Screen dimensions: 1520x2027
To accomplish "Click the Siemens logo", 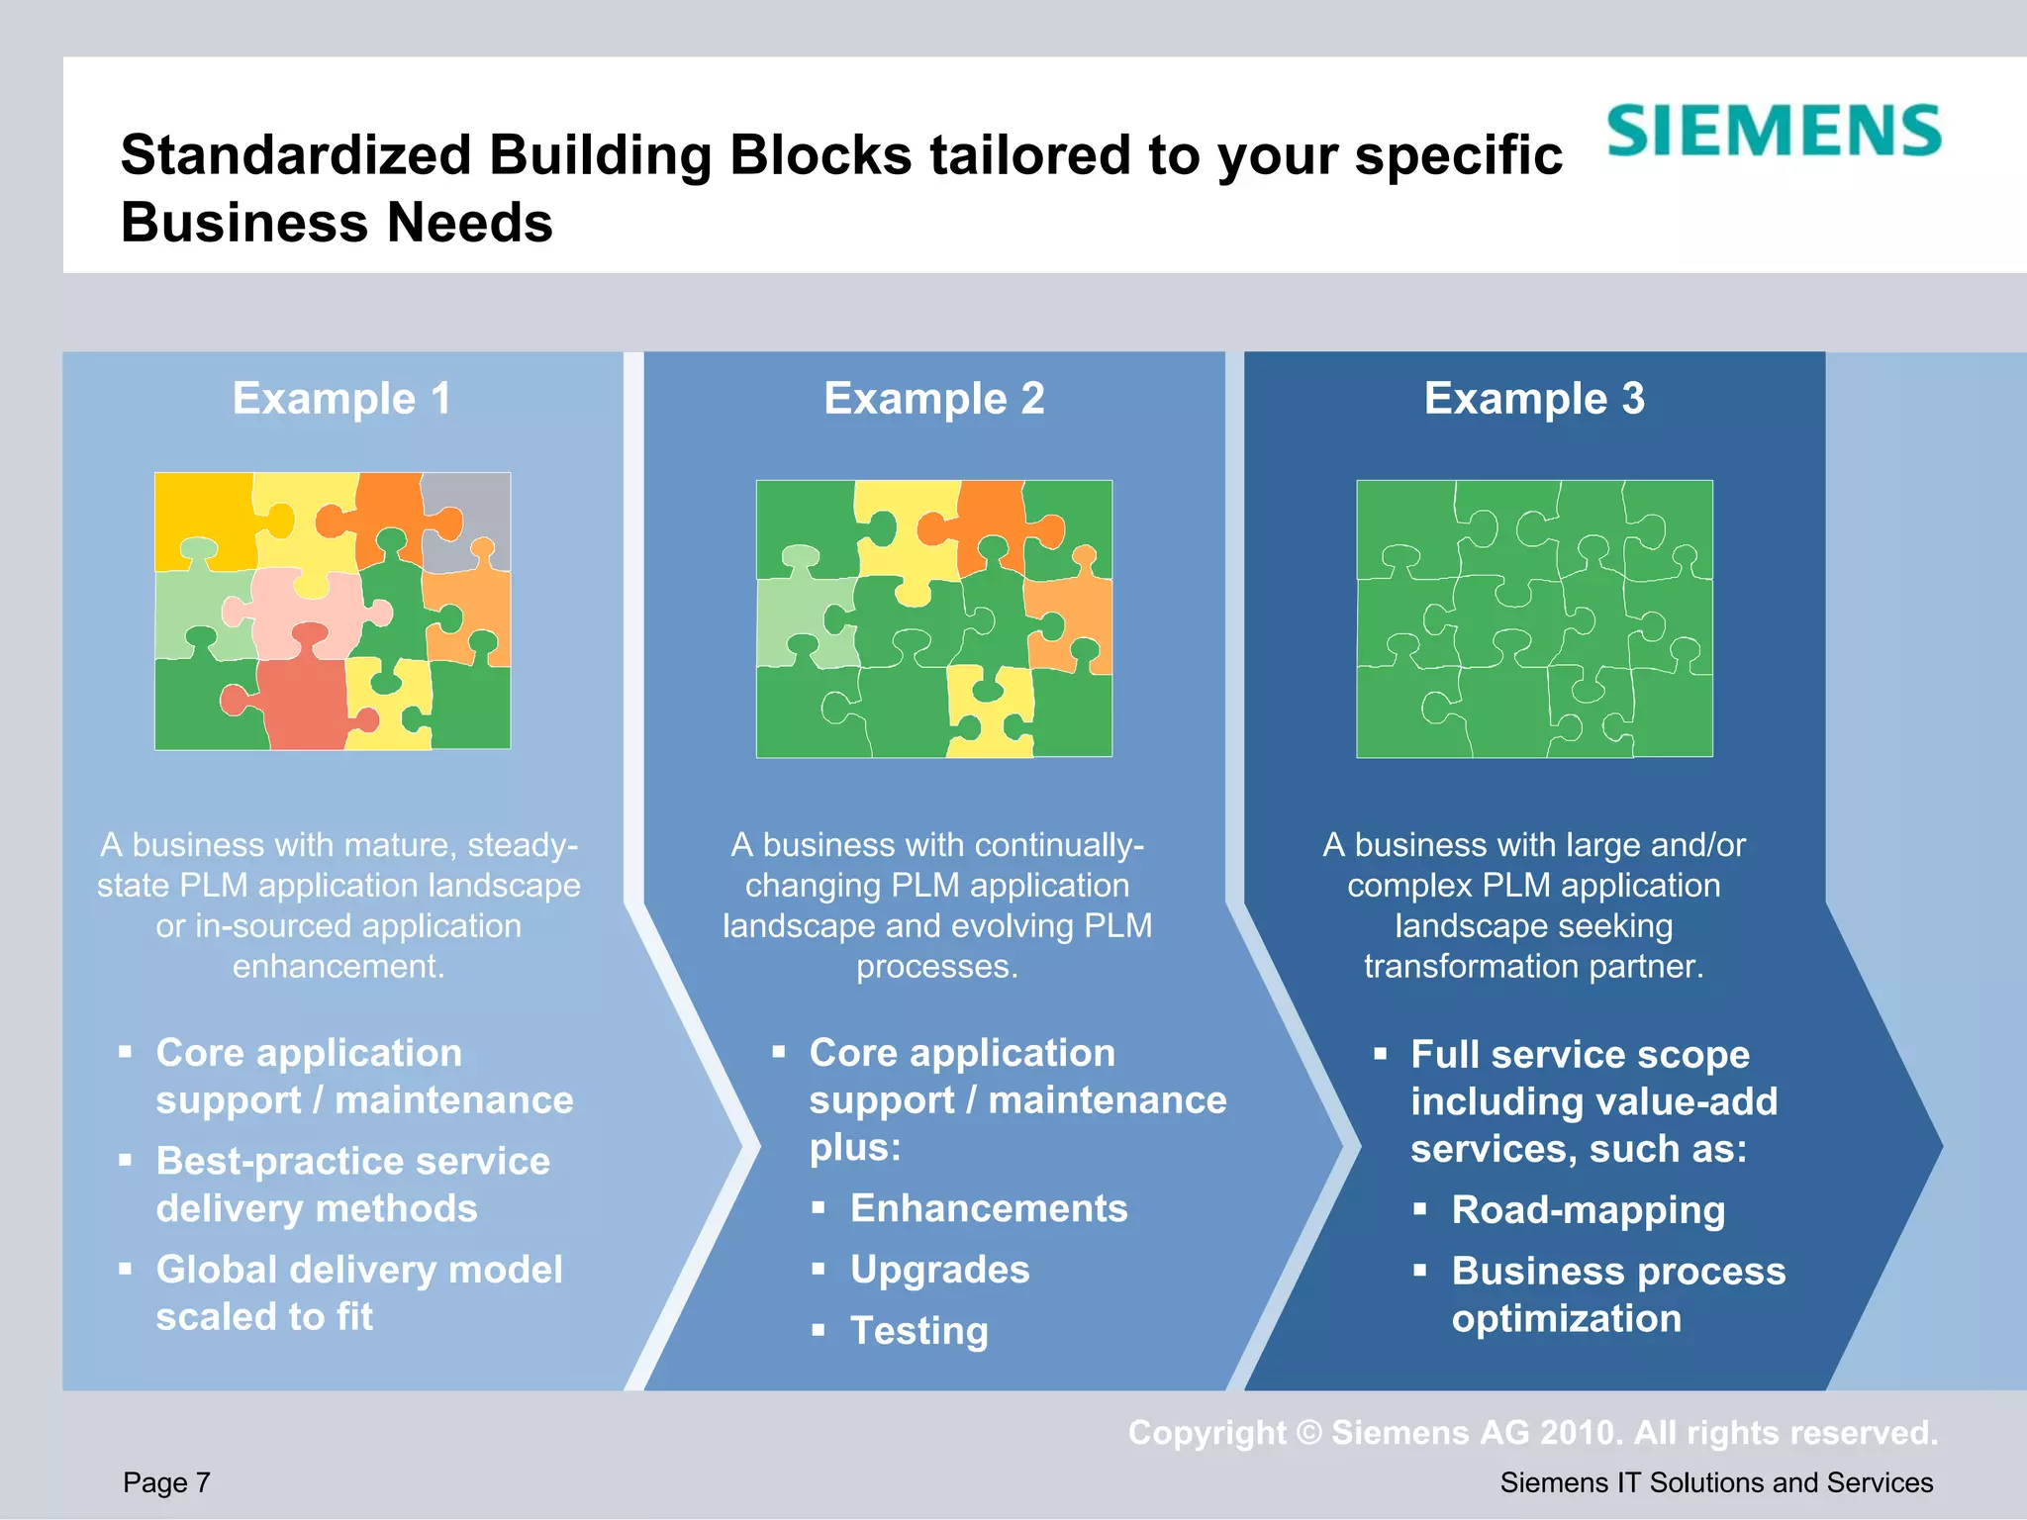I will (x=1774, y=131).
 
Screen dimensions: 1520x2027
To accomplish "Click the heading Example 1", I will (x=341, y=399).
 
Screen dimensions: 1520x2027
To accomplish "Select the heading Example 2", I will (x=933, y=399).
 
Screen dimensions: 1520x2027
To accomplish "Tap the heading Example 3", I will (x=1534, y=399).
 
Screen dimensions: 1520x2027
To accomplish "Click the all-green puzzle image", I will (x=1534, y=618).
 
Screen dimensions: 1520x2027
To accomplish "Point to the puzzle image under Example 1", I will (x=333, y=611).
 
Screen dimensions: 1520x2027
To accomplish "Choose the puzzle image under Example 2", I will (x=933, y=618).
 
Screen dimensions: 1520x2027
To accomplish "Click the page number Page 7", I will (x=166, y=1482).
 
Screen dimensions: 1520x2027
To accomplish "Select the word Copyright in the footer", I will (x=1207, y=1433).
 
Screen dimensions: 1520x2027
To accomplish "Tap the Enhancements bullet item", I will (x=989, y=1208).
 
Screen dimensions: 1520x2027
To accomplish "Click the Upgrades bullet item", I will (x=939, y=1270).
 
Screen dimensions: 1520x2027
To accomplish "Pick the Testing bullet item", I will (x=918, y=1331).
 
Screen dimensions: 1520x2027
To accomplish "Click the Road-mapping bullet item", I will (x=1588, y=1210).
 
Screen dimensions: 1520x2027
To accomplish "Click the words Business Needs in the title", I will (x=337, y=223).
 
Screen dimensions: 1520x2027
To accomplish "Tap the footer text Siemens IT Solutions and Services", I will (x=1716, y=1482).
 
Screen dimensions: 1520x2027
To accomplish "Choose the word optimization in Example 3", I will (x=1566, y=1319).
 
